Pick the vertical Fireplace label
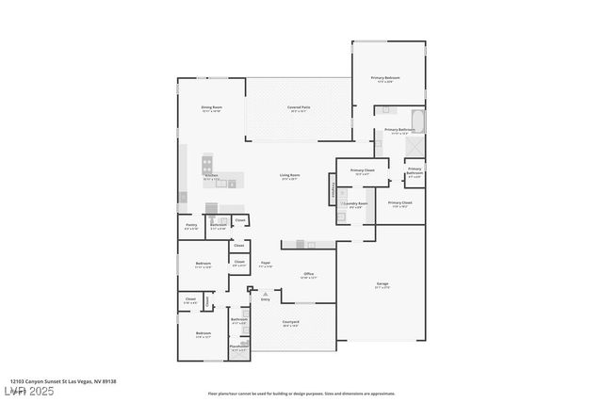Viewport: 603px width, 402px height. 333,191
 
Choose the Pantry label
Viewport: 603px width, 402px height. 191,225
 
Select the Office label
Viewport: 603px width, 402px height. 308,275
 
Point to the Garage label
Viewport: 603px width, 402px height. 383,284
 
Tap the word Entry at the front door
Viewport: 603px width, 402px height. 265,299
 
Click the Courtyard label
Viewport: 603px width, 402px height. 291,322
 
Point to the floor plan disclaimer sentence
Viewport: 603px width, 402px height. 301,394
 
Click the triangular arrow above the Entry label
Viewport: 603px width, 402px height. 265,294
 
